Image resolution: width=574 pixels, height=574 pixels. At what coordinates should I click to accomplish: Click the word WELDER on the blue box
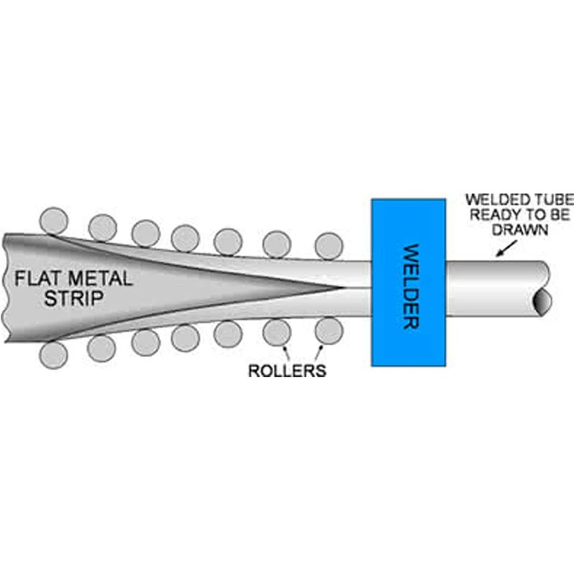point(410,286)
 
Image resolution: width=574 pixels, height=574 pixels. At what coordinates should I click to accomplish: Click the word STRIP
point(74,298)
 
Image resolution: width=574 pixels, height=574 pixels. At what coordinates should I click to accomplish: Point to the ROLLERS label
point(288,370)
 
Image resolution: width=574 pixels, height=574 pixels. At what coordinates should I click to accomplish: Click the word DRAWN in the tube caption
point(519,230)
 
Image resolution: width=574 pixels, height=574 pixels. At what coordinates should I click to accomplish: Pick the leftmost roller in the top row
point(54,221)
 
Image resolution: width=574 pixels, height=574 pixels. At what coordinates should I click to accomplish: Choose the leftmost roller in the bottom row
point(54,355)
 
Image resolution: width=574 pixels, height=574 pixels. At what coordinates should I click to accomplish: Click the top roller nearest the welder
point(329,246)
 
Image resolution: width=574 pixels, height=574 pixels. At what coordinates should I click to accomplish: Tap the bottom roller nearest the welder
point(329,331)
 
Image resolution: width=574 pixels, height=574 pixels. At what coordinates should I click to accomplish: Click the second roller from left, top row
point(103,228)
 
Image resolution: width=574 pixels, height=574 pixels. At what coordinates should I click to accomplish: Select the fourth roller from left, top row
point(185,238)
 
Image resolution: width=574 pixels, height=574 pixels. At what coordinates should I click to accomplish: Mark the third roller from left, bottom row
point(146,343)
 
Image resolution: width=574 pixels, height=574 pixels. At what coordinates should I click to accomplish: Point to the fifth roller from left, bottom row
point(227,334)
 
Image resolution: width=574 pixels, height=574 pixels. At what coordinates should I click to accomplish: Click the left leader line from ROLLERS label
point(286,354)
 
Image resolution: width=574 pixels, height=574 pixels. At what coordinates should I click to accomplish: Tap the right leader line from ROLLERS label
point(319,353)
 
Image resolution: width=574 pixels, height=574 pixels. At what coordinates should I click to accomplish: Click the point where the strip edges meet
point(342,288)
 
